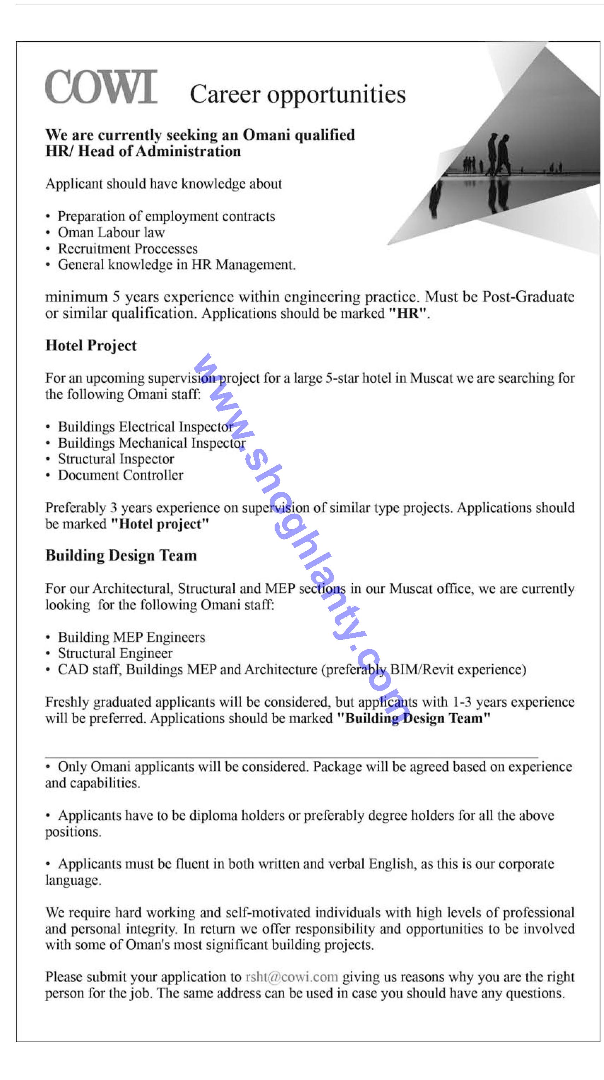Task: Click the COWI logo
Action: tap(101, 87)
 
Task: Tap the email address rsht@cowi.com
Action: tap(292, 977)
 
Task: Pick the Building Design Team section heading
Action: tap(121, 555)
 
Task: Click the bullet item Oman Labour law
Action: tap(111, 232)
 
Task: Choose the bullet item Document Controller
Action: tap(121, 475)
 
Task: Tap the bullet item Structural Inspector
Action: tap(116, 459)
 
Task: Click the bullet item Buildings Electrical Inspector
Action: tap(145, 427)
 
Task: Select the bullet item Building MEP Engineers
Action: tap(131, 637)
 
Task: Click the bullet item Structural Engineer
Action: tap(115, 653)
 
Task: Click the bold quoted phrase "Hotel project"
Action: tap(160, 524)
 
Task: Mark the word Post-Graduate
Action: tap(528, 297)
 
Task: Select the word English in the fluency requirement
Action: tap(391, 864)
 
